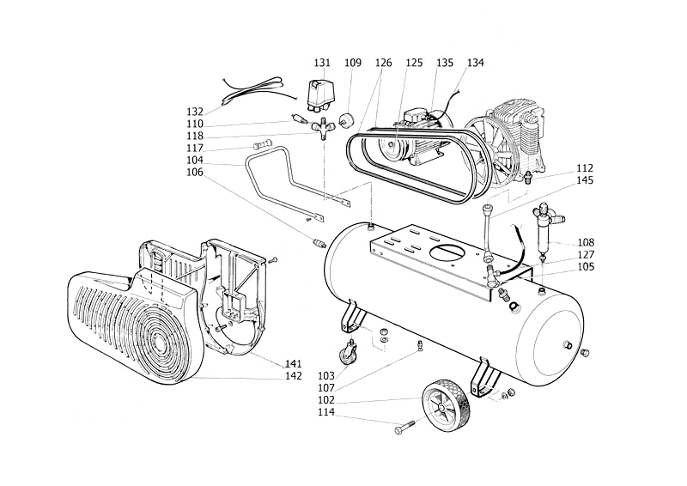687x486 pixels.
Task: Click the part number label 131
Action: pos(322,63)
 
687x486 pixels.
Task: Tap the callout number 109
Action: pos(353,63)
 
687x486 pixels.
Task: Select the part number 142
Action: pos(293,375)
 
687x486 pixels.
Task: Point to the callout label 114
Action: pos(326,412)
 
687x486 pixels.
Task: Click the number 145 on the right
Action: pos(585,180)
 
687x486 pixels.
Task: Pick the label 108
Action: pos(586,242)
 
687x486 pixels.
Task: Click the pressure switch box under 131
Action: pos(322,96)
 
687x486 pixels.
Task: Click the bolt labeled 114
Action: pos(404,428)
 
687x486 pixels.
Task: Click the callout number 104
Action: pos(195,160)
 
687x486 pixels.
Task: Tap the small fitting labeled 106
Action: pos(319,242)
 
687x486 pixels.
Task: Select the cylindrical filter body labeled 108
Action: pos(543,234)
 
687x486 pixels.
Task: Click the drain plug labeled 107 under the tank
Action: pos(419,346)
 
